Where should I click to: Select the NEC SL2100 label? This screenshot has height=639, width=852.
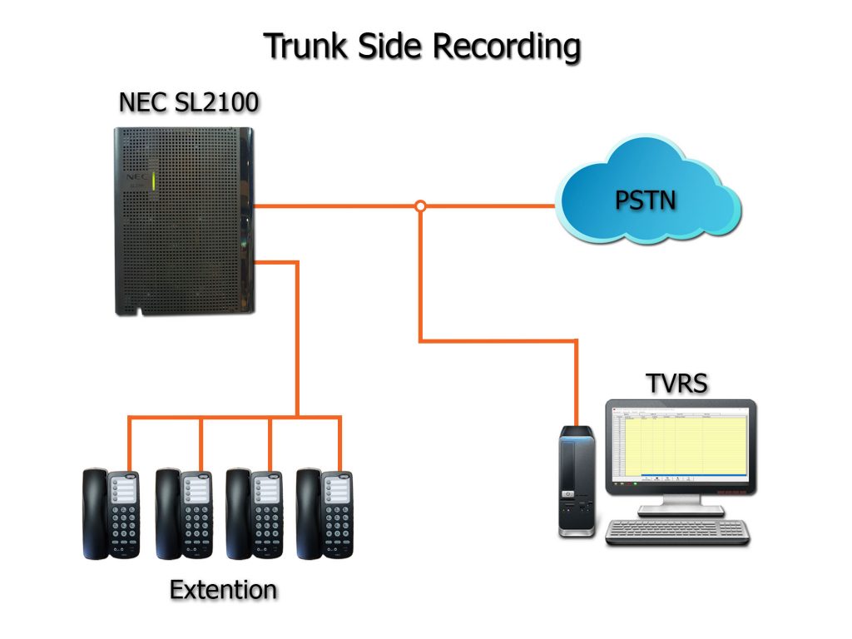click(188, 103)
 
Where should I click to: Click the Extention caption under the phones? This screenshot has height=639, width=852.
click(223, 590)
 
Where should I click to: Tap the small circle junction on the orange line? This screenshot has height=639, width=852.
click(420, 206)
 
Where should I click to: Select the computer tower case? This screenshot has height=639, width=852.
click(576, 480)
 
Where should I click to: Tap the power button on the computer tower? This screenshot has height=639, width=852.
click(569, 493)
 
